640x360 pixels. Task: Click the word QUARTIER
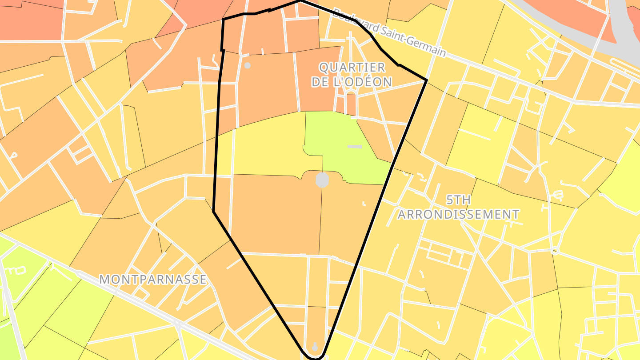click(352, 68)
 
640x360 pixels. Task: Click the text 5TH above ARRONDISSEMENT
click(458, 200)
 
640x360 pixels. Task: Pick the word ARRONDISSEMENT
click(458, 215)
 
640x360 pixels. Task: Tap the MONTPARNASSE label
click(153, 279)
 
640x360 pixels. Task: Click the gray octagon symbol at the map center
click(322, 180)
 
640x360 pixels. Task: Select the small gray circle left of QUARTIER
click(248, 66)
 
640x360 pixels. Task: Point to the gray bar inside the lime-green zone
click(355, 146)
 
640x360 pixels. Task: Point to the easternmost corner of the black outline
click(427, 80)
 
